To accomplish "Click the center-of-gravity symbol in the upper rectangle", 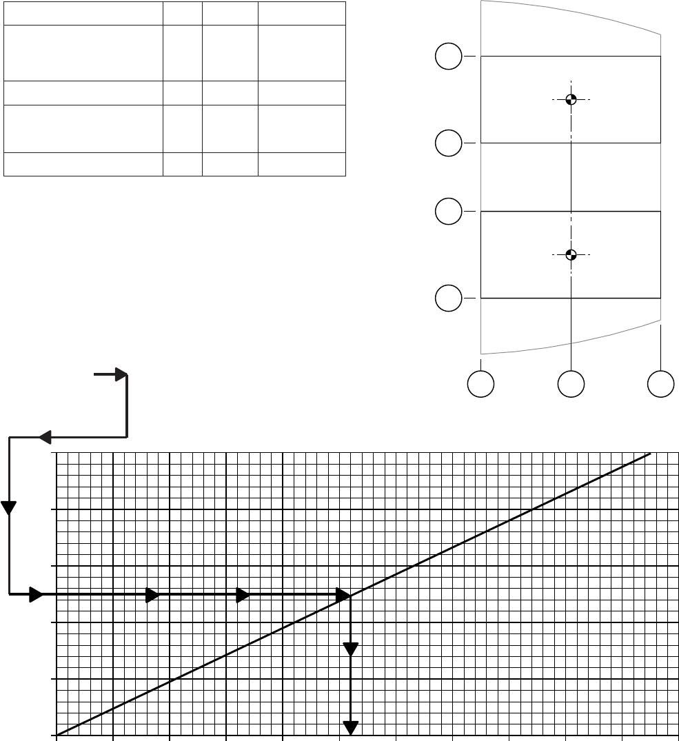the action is (571, 99).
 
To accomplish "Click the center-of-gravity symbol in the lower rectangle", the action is (571, 254).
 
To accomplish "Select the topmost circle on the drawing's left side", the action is (449, 56).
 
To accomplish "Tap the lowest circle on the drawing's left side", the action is (449, 298).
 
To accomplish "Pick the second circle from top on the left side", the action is (449, 143).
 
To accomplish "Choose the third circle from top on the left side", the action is (449, 211).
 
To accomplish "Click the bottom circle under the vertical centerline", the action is (571, 384).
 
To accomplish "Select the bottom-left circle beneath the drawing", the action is (481, 384).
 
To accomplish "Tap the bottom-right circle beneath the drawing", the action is (661, 384).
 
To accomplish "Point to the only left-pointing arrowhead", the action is (45, 437).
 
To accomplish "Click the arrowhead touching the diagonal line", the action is (343, 595).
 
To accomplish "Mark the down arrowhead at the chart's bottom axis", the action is (352, 727).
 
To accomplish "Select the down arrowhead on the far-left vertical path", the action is (9, 508).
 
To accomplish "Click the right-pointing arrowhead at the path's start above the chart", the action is (121, 374).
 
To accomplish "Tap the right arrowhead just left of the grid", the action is (36, 595).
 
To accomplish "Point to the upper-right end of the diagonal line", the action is (651, 454).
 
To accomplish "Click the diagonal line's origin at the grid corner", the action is (57, 735).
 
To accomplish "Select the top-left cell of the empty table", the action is (83, 13).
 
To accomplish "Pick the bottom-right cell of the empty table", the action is (301, 164).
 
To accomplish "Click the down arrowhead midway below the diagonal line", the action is (352, 649).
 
